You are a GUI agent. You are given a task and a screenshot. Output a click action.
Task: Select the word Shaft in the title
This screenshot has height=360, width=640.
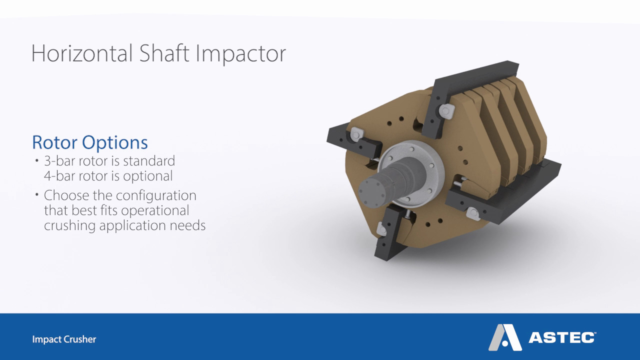[x=165, y=53]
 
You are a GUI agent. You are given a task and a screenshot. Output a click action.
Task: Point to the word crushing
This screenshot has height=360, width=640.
[x=69, y=225]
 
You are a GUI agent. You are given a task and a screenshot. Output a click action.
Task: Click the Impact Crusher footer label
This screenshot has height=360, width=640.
[x=64, y=339]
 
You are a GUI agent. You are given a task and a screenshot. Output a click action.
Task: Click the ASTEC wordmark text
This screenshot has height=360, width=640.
[x=561, y=338]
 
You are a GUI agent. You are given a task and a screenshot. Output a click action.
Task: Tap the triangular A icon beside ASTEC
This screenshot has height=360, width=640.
[x=504, y=337]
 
